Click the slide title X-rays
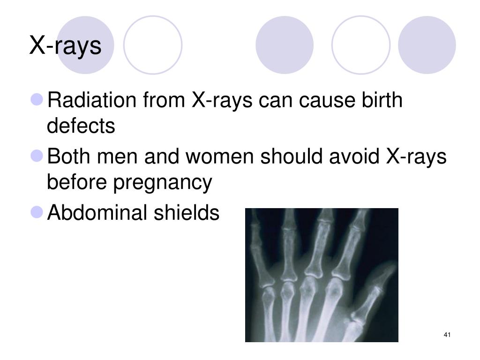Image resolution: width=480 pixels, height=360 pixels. click(x=65, y=46)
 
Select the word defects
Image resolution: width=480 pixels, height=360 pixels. click(x=81, y=126)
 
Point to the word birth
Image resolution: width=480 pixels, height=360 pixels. click(x=382, y=100)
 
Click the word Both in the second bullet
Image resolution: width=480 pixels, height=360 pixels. click(x=69, y=157)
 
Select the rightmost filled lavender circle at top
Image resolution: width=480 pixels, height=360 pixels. click(x=427, y=45)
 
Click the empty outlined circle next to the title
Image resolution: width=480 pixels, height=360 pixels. click(x=153, y=45)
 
